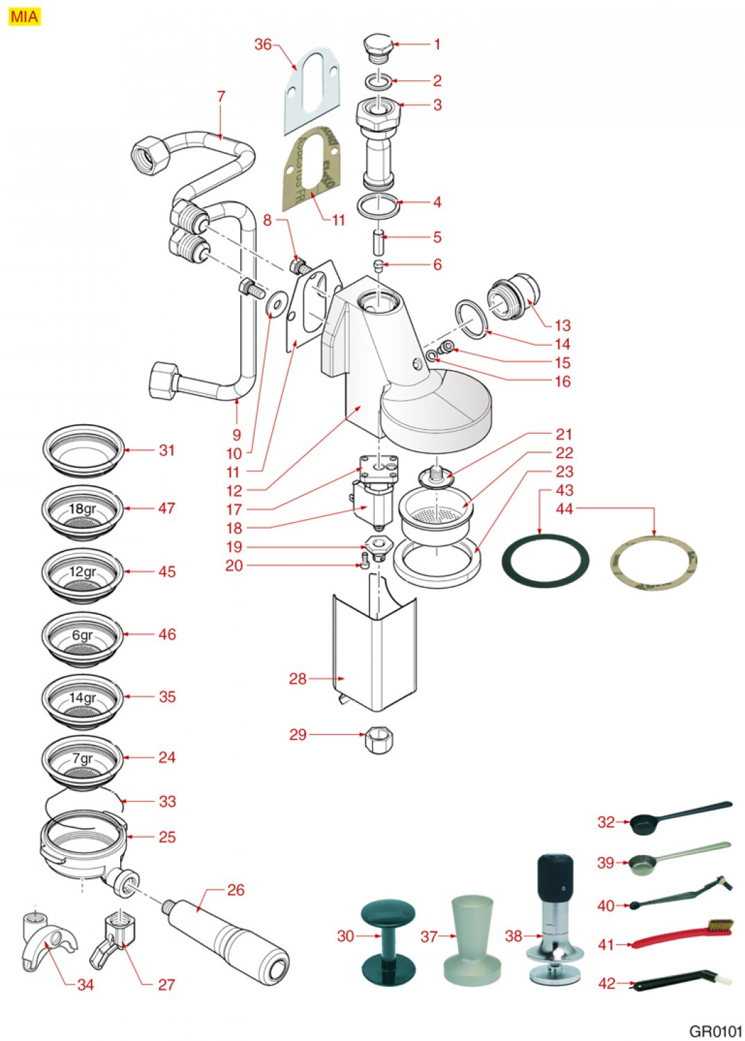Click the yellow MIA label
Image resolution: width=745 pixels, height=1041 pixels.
(x=24, y=16)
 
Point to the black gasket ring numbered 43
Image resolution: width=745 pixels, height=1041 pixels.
(x=545, y=561)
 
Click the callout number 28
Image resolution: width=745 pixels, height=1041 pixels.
(x=297, y=678)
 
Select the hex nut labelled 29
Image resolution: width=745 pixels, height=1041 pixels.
(x=378, y=740)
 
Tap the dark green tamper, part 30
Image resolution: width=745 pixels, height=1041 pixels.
(x=387, y=940)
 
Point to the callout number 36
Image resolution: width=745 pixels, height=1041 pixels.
(x=262, y=44)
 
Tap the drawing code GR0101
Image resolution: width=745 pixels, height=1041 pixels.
(x=715, y=1031)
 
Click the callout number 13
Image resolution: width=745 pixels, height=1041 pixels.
(x=562, y=325)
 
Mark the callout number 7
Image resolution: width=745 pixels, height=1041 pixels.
(x=221, y=96)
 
